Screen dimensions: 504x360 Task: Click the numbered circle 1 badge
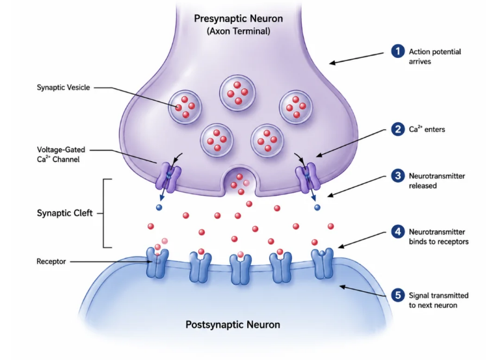(397, 51)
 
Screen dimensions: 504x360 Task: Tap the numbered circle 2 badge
(397, 129)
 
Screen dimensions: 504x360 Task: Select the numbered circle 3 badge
(397, 175)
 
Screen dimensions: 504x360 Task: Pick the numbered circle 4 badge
(397, 231)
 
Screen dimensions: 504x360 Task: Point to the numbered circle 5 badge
(397, 295)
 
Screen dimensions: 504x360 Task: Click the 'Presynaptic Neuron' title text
(238, 19)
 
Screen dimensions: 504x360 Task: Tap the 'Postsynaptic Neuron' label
(233, 325)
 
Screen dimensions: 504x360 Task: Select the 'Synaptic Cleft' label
(64, 213)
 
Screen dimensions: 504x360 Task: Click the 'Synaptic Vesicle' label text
(63, 87)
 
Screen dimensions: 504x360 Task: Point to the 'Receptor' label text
(51, 261)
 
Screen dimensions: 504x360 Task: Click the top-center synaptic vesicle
(237, 93)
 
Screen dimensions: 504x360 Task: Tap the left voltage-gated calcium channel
(168, 177)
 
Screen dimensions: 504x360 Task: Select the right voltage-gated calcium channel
(308, 177)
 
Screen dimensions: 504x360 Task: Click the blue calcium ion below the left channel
(159, 207)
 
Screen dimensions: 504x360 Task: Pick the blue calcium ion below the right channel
(317, 207)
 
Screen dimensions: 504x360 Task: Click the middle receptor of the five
(241, 269)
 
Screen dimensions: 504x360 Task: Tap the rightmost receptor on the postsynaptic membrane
(323, 263)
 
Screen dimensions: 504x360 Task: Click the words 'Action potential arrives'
(434, 57)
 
